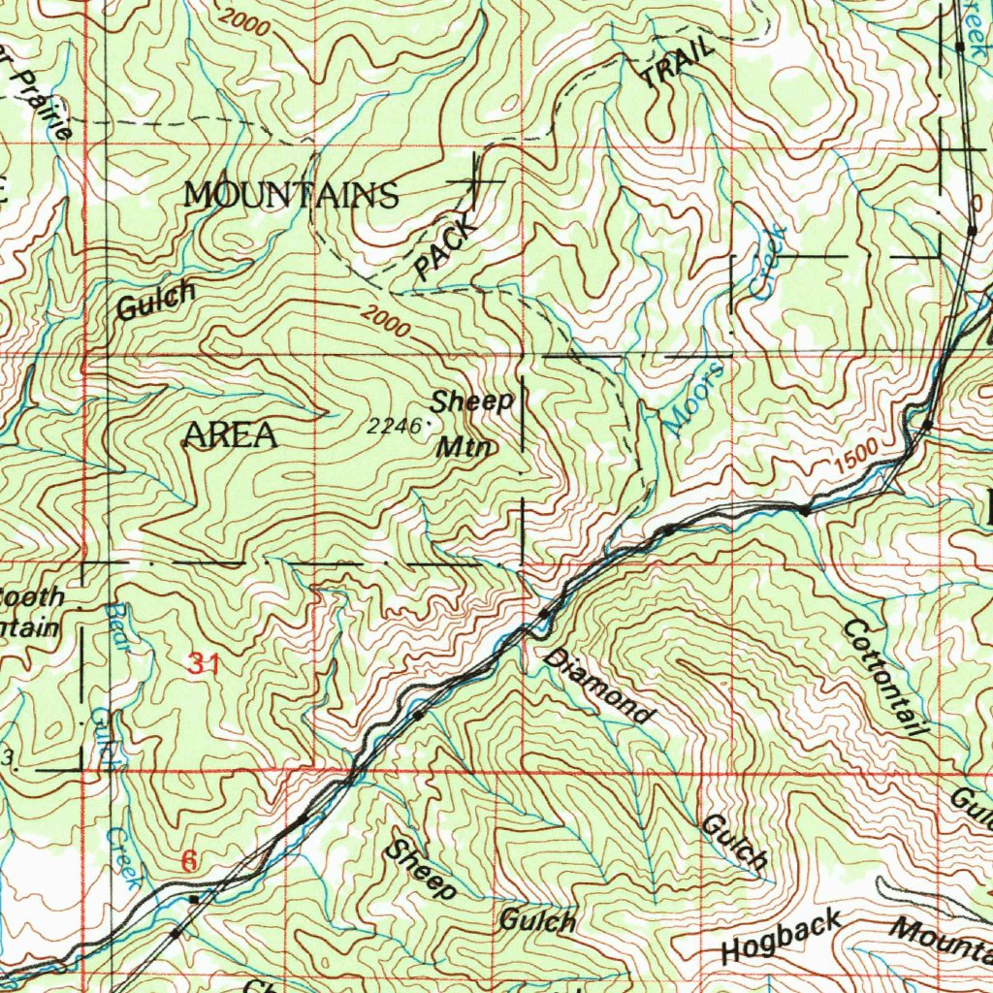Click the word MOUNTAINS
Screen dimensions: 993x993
[x=291, y=195]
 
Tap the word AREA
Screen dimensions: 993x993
[x=231, y=435]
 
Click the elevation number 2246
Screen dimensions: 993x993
[x=394, y=425]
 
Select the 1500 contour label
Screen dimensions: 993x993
[x=855, y=452]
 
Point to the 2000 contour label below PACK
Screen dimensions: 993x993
[x=387, y=320]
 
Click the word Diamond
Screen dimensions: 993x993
[x=599, y=687]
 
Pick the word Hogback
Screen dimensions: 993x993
[x=782, y=937]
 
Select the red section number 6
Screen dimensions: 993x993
[x=190, y=860]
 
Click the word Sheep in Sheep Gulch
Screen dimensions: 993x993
[x=420, y=869]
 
